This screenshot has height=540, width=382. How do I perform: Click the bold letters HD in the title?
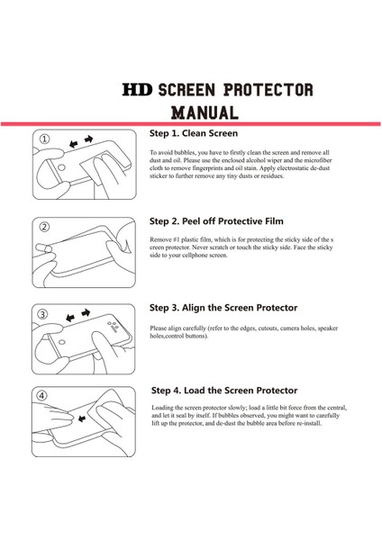137,89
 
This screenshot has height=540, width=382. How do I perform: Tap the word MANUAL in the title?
205,112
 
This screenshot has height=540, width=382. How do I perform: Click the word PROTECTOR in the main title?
268,89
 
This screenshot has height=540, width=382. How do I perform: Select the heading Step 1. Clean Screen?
194,133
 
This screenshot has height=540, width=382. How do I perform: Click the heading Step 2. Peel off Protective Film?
216,221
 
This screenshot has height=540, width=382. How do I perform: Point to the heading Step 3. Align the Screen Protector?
223,308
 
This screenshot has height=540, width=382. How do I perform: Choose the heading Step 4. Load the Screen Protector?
224,391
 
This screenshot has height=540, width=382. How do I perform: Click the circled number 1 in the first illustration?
44,139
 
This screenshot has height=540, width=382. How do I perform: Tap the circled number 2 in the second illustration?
45,227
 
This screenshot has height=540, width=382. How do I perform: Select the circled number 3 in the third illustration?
42,314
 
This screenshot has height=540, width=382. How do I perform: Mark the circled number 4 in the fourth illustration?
41,396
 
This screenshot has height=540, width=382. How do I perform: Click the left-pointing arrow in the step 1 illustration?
73,144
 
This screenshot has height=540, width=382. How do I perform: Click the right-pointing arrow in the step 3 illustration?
86,312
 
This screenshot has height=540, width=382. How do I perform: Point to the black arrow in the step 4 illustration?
82,418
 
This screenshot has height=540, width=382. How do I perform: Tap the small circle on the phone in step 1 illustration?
61,167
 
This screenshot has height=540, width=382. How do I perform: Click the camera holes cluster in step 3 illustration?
114,326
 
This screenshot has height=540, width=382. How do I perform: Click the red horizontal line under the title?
191,123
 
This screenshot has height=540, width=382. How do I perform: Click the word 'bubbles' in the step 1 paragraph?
185,153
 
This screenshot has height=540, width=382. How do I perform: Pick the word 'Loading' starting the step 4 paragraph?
162,408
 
